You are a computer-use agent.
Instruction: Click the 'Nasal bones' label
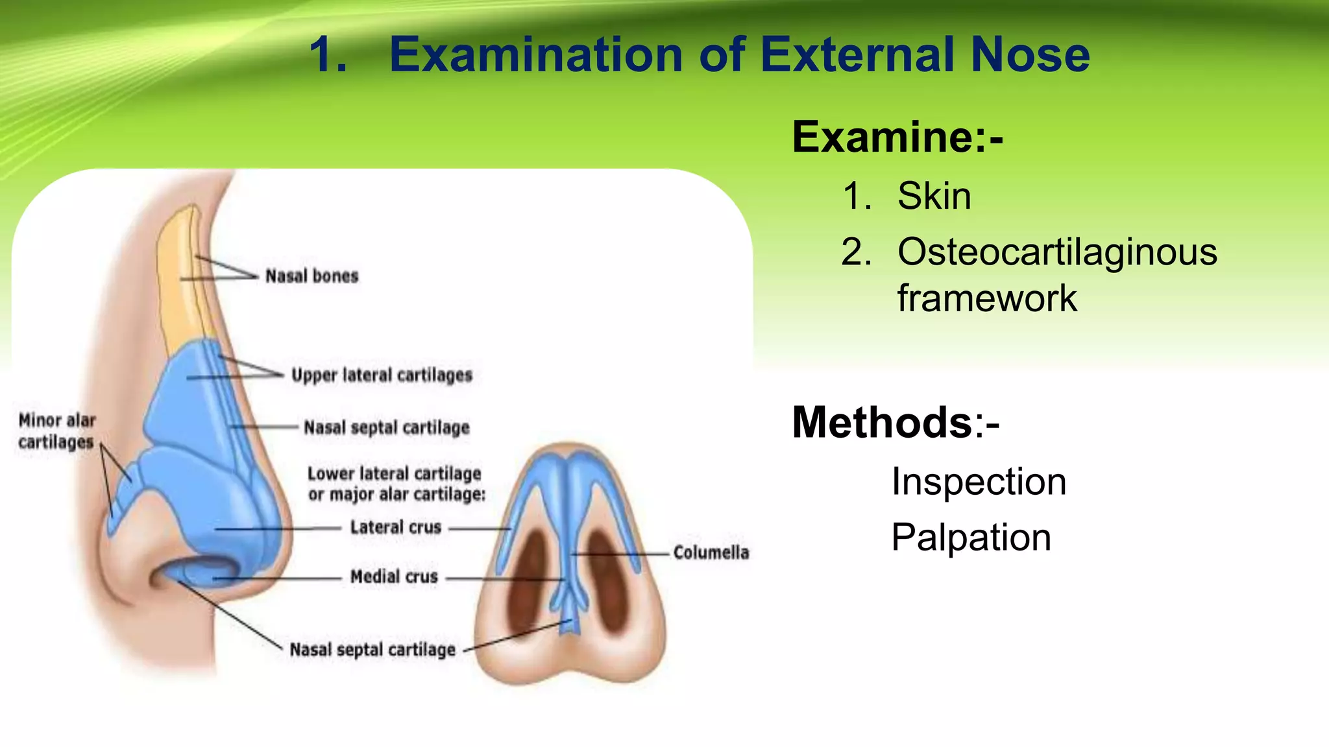coord(311,276)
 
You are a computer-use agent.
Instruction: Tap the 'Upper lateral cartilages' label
coord(382,375)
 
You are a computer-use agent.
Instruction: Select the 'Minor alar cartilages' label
coord(56,431)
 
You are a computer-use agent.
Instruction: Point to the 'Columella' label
coord(711,552)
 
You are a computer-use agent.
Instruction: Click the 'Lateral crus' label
coord(395,527)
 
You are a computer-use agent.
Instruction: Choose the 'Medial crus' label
coord(394,576)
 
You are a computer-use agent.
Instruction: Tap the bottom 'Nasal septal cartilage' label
coord(372,650)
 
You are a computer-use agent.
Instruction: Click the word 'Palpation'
coord(971,538)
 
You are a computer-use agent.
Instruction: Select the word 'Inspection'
coord(979,482)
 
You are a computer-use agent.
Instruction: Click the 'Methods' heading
coord(881,423)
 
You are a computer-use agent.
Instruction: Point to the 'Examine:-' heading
coord(897,137)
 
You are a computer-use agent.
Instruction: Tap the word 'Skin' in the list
coord(934,196)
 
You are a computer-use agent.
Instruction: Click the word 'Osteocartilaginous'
coord(1057,252)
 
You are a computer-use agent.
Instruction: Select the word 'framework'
coord(987,298)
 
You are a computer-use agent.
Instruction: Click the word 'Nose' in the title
coord(1030,54)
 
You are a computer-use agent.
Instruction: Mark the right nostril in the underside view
coord(609,580)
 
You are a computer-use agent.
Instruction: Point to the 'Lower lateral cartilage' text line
coord(394,473)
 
